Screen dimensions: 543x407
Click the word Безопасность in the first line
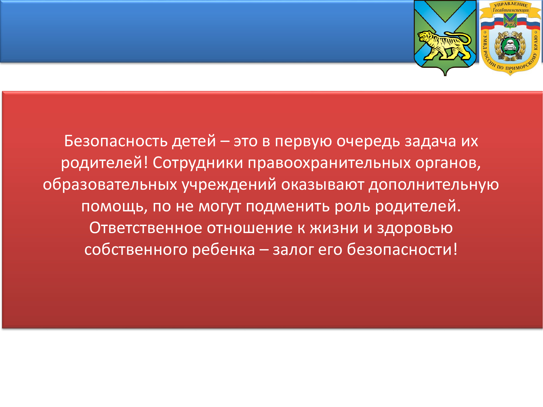click(x=116, y=141)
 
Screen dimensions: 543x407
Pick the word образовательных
click(x=110, y=185)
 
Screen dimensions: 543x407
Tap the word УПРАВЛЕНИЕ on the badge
click(x=511, y=5)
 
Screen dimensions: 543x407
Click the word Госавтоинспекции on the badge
click(x=511, y=10)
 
